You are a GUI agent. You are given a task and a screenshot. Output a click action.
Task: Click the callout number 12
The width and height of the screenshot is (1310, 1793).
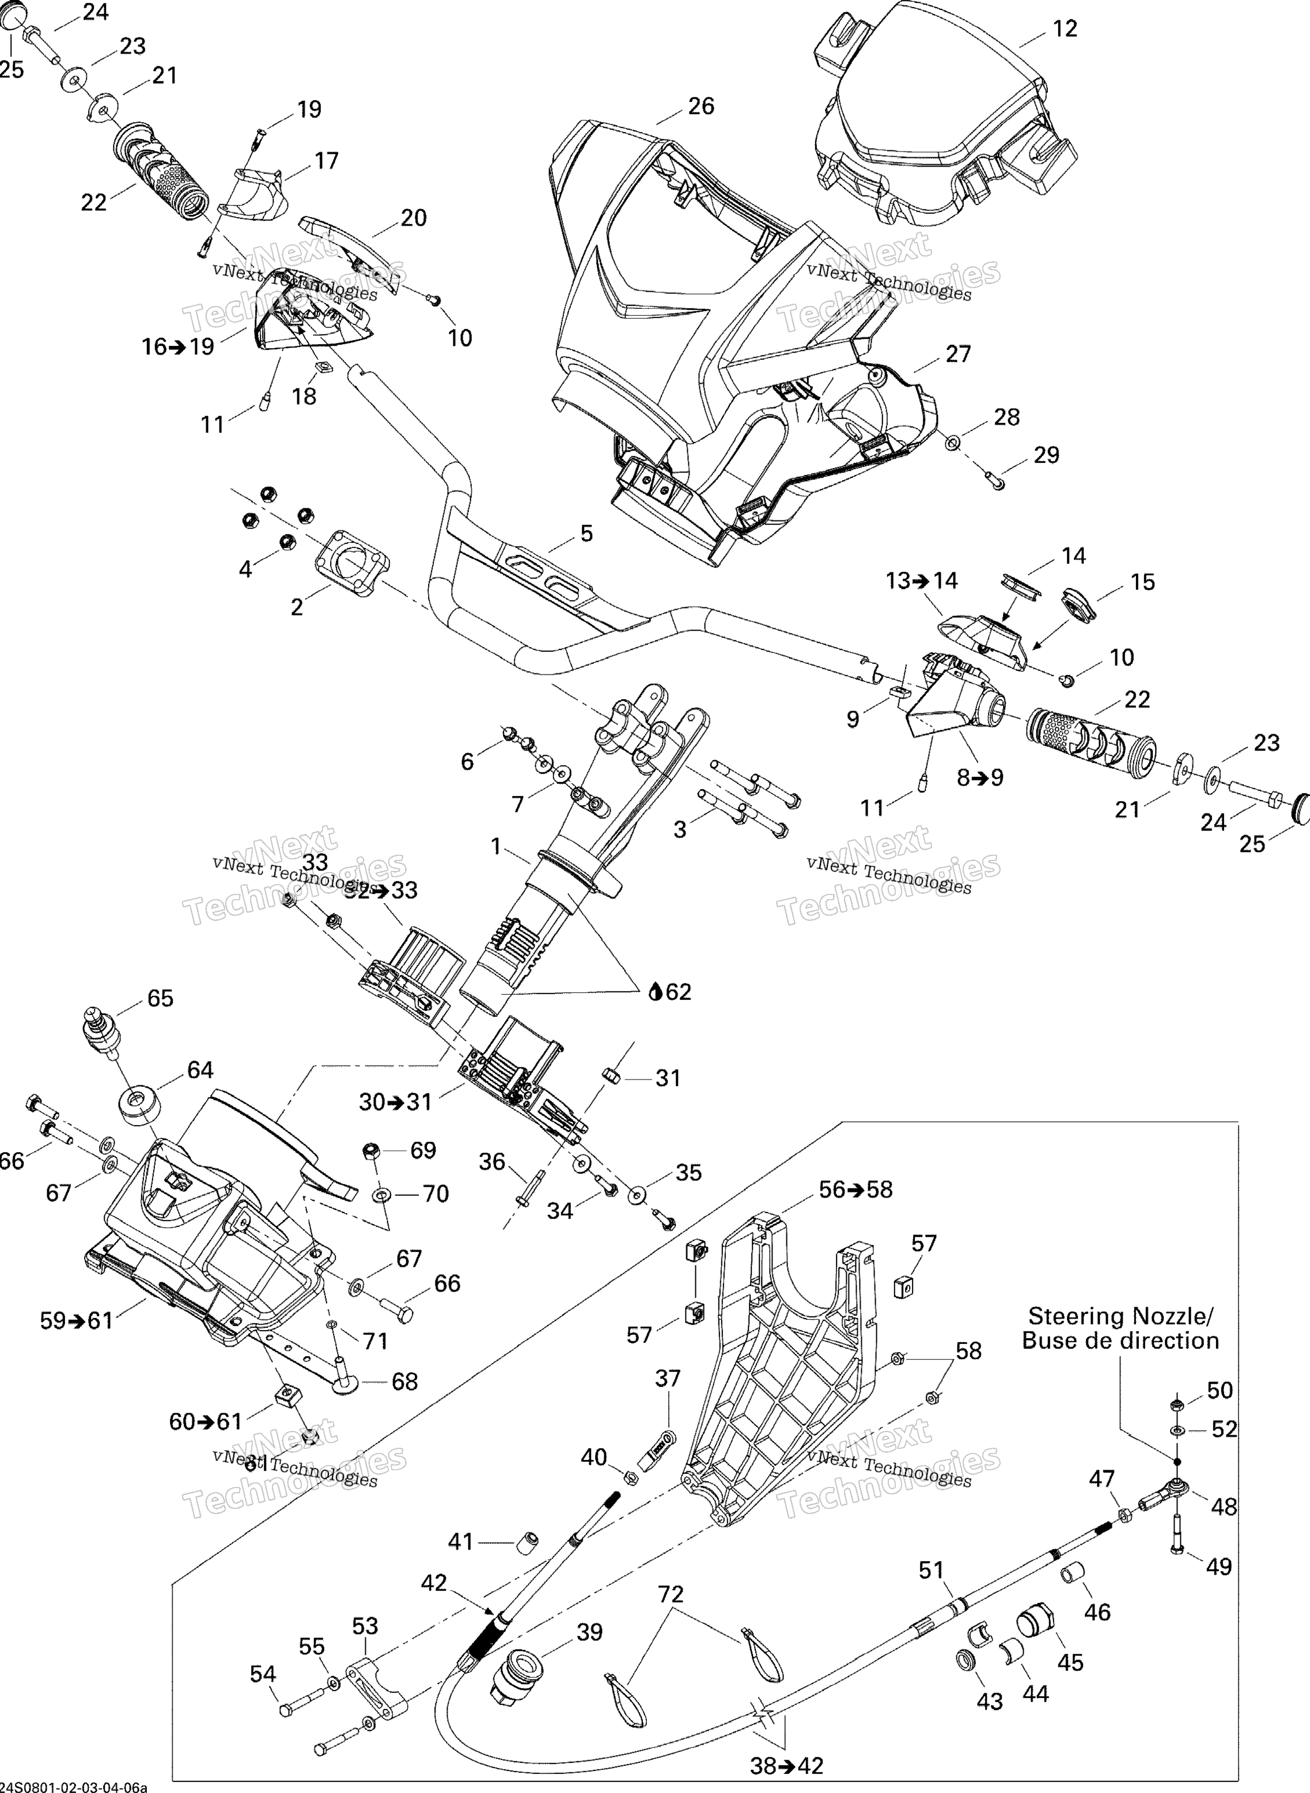pyautogui.click(x=1065, y=29)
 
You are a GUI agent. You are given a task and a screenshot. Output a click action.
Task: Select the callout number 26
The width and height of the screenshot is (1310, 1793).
pyautogui.click(x=701, y=105)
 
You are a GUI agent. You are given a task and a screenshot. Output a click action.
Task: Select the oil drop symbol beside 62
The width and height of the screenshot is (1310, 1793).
pyautogui.click(x=655, y=992)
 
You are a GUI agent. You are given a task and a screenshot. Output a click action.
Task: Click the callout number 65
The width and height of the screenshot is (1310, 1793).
pyautogui.click(x=160, y=998)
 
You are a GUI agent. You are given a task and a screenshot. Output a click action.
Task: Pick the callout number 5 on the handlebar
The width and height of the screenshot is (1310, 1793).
pyautogui.click(x=586, y=533)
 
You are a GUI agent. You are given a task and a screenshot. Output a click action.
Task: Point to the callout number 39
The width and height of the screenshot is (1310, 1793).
pyautogui.click(x=589, y=1632)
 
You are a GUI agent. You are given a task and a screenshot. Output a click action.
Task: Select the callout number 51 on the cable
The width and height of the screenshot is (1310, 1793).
pyautogui.click(x=932, y=1570)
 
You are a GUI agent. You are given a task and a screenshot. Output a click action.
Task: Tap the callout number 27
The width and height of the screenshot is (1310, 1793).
pyautogui.click(x=958, y=354)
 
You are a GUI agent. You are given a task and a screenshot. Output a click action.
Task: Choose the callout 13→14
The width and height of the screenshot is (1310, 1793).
pyautogui.click(x=922, y=581)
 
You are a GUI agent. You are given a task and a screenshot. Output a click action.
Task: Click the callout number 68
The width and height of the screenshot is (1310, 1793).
pyautogui.click(x=404, y=1381)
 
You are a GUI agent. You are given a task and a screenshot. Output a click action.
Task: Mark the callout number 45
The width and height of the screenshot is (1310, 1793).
pyautogui.click(x=1070, y=1662)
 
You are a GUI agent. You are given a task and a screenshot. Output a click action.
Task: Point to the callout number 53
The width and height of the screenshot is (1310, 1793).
pyautogui.click(x=365, y=1626)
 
